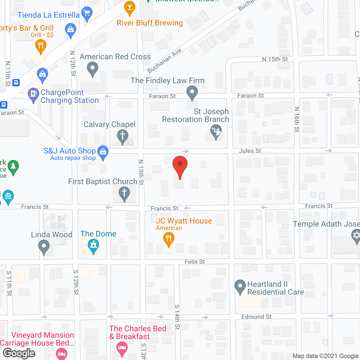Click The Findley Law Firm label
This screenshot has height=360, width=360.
tap(168, 81)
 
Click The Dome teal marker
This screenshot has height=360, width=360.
tap(93, 246)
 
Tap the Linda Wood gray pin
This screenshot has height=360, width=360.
tap(44, 247)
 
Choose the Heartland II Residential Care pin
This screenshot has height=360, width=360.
tap(240, 286)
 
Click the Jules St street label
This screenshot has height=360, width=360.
tap(250, 151)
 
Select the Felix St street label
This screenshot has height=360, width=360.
tap(195, 262)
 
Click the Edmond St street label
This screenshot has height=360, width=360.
tap(256, 317)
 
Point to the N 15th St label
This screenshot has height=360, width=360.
tap(275, 59)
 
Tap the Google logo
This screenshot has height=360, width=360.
tap(19, 353)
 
